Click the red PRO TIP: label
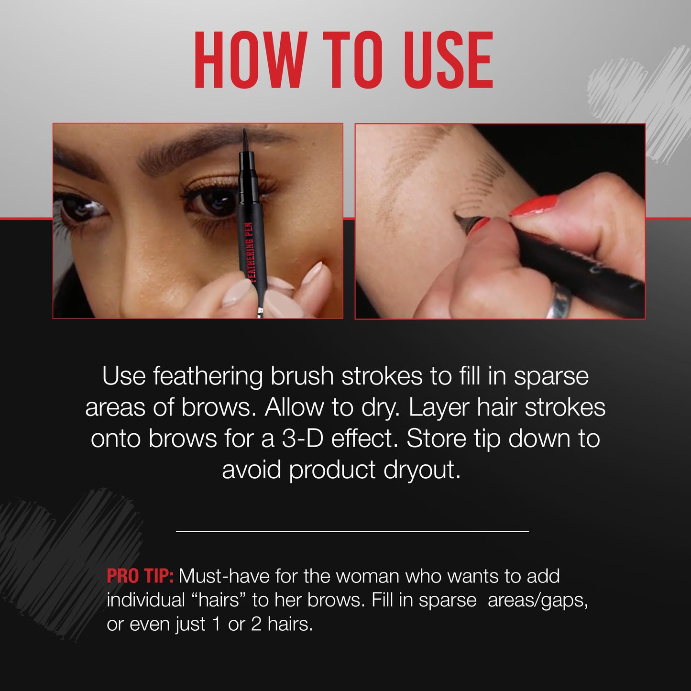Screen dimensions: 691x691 [x=140, y=576]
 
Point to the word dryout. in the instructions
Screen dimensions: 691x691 [x=422, y=470]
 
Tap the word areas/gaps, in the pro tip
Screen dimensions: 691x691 [x=537, y=600]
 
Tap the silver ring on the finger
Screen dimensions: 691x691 [x=560, y=300]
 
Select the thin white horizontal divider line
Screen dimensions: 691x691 [x=352, y=531]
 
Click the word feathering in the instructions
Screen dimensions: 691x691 [x=208, y=376]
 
